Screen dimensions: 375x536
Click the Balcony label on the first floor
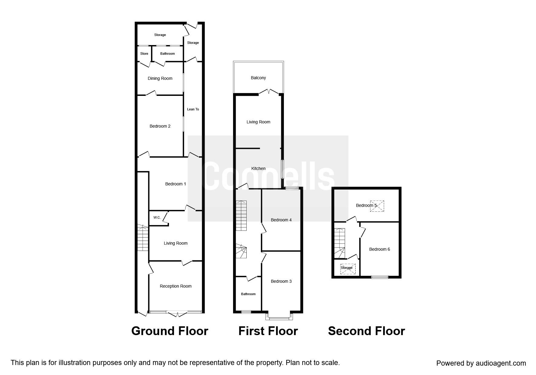click(258, 78)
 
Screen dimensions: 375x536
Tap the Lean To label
click(193, 109)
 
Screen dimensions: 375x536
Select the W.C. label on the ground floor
click(157, 217)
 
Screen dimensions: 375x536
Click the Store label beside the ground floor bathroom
click(144, 54)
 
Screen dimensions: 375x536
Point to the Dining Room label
click(160, 78)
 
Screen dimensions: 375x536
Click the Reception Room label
click(176, 286)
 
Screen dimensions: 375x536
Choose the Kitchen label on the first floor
click(258, 168)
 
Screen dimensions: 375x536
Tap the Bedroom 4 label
click(281, 220)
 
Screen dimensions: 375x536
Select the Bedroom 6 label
click(379, 249)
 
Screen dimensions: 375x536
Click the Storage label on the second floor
click(347, 268)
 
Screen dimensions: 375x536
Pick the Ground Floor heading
click(169, 331)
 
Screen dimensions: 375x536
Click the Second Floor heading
click(366, 331)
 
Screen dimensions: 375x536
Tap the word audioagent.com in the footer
click(501, 363)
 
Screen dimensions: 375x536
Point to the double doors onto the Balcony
click(269, 92)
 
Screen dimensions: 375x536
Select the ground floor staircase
click(143, 238)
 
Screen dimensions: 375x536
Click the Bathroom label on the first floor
click(248, 294)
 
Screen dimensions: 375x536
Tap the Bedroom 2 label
click(160, 126)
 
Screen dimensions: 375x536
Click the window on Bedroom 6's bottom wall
click(380, 277)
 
